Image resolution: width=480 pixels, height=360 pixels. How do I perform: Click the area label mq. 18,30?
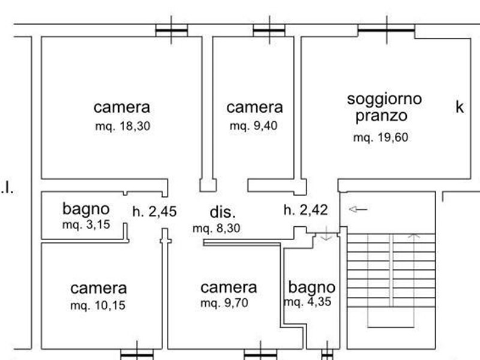[123, 126]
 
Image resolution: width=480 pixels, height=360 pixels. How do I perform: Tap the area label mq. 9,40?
[254, 125]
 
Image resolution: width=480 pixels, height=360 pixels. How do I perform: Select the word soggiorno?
[385, 100]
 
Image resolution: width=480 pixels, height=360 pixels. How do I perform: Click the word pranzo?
[382, 116]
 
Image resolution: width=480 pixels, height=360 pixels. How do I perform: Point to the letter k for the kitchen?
[460, 107]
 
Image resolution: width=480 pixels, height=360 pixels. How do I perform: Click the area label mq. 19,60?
[381, 137]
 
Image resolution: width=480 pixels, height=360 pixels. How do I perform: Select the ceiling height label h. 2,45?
[155, 212]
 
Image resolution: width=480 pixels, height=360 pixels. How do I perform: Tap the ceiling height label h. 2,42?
[305, 210]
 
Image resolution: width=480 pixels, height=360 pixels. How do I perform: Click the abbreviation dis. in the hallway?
[223, 212]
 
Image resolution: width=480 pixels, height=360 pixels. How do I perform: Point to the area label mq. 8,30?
[217, 229]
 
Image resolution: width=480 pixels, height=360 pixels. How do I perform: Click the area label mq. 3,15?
[86, 224]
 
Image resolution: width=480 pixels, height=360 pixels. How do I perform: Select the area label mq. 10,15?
[98, 305]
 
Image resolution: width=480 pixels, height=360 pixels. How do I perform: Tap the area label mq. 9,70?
[224, 303]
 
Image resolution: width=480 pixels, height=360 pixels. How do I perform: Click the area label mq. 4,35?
[308, 302]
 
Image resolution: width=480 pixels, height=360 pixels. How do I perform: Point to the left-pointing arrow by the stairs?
[358, 209]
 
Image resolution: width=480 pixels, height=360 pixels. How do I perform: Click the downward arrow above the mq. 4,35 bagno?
[326, 233]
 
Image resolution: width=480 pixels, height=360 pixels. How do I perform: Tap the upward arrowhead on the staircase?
[414, 236]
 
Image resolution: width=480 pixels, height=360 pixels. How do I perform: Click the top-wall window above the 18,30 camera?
[172, 31]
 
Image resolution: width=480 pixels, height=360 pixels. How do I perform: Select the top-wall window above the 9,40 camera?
[269, 31]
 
